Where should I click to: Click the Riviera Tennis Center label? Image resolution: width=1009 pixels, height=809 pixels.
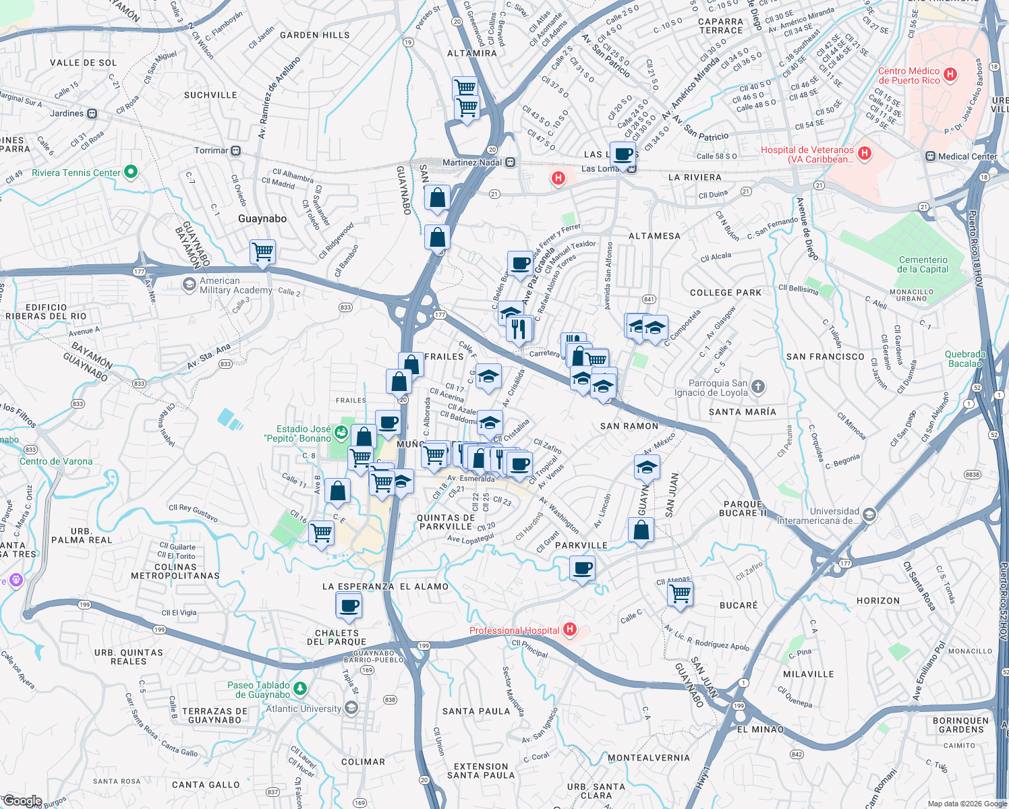[x=76, y=173]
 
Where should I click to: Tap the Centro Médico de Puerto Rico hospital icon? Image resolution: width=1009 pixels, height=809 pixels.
[x=950, y=75]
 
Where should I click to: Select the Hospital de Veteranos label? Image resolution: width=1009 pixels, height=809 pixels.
[x=807, y=154]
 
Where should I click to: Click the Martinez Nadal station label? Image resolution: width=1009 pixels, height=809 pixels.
[x=473, y=162]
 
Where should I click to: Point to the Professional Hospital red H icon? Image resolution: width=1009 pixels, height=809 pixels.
[x=570, y=630]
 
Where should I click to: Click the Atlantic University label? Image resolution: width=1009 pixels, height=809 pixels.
[x=304, y=709]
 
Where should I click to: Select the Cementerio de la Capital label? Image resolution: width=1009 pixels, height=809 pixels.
[x=923, y=264]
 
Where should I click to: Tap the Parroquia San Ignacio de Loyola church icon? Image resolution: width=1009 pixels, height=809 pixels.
[x=758, y=386]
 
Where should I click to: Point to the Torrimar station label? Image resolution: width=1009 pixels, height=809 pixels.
[x=211, y=150]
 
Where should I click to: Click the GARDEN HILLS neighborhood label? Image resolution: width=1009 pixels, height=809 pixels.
[x=314, y=35]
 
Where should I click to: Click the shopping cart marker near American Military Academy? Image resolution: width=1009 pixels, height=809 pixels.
[x=262, y=252]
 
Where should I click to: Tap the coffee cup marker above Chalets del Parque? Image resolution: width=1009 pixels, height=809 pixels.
[x=349, y=605]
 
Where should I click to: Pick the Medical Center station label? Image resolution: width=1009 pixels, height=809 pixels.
[x=967, y=156]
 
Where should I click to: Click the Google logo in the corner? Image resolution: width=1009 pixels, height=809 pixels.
[x=23, y=801]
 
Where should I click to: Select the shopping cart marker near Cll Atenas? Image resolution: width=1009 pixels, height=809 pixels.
[x=680, y=594]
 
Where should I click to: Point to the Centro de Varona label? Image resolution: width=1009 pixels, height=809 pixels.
[x=56, y=462]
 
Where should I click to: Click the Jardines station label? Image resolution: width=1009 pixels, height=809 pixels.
[x=67, y=113]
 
